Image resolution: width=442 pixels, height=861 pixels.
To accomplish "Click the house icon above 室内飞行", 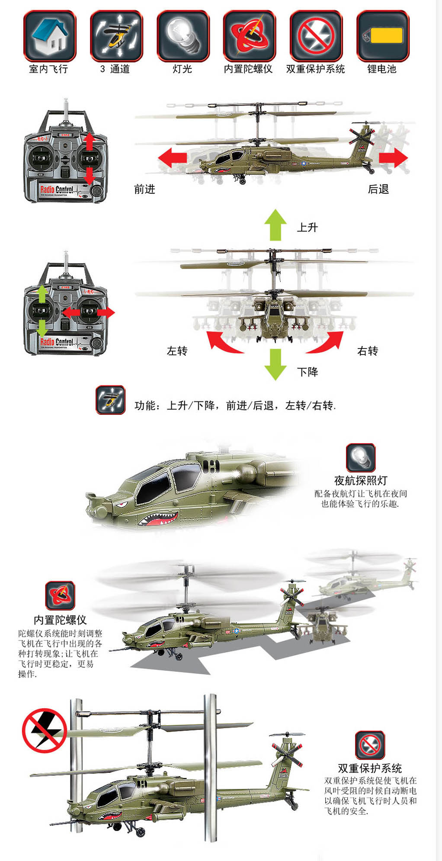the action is point(50,36).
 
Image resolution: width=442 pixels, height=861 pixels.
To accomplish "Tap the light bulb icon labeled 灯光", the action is point(183,36).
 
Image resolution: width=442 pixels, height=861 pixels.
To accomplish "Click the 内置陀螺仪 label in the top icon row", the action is point(248,69).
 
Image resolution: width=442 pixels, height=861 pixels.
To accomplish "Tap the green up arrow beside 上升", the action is point(275,225).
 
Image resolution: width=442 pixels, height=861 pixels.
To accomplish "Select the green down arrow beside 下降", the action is point(275,364).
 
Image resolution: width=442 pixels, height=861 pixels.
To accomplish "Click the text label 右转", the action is point(368,351).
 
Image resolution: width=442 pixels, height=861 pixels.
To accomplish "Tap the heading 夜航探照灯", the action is point(361,480).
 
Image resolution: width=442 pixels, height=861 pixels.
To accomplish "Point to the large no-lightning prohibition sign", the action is point(44,730).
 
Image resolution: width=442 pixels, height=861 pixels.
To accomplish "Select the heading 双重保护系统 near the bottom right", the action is point(370,768).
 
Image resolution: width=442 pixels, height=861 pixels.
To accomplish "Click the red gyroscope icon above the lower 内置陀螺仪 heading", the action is point(60,595).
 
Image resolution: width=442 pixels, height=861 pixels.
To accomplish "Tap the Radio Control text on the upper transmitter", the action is point(57,189).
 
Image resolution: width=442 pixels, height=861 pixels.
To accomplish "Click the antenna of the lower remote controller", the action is point(66,265).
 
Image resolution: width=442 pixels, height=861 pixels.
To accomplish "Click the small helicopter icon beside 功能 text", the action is point(111,400).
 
